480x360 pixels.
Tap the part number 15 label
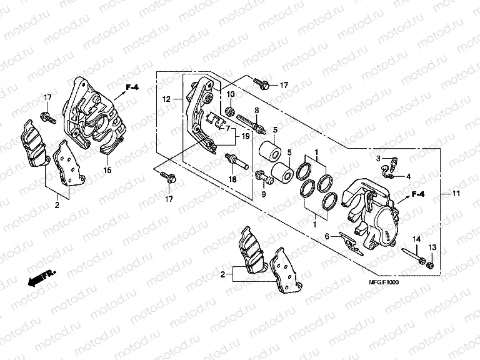[107, 170]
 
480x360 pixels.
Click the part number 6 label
[326, 236]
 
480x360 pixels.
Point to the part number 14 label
[416, 240]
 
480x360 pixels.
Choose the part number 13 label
[432, 249]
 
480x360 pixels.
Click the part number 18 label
[232, 179]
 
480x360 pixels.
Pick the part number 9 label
[264, 195]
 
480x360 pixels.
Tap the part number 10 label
[230, 94]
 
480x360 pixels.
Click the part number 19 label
[246, 136]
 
